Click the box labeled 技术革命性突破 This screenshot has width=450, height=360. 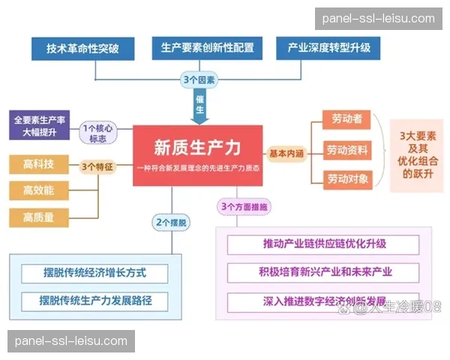click(83, 49)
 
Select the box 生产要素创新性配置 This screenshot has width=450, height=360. click(207, 49)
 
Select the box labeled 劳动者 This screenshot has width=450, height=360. click(346, 119)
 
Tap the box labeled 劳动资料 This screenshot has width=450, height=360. click(346, 150)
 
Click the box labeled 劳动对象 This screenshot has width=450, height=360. click(346, 178)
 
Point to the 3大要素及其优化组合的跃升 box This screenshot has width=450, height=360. click(417, 150)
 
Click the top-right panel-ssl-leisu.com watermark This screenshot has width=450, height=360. click(378, 19)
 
